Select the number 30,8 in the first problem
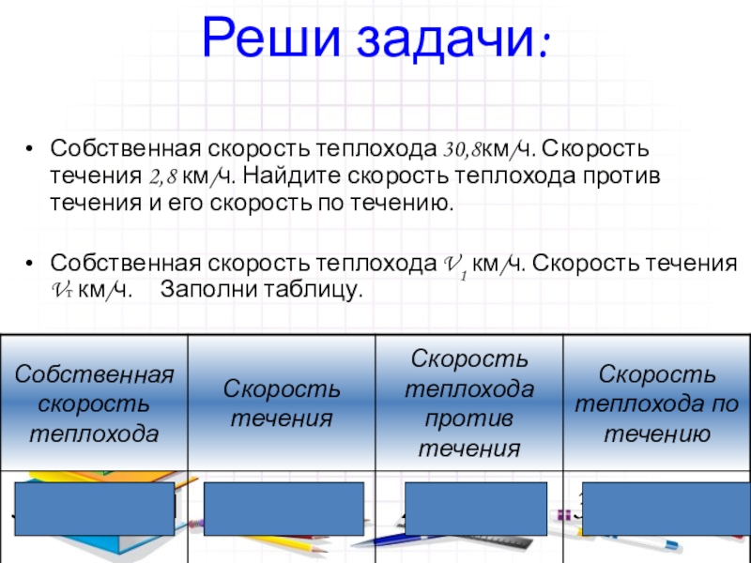(462, 150)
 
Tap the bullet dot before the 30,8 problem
(31, 150)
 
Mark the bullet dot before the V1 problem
(31, 265)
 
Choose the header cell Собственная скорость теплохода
(94, 404)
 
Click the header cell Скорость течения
(282, 404)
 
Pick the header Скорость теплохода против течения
(469, 404)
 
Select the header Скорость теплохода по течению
(656, 404)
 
